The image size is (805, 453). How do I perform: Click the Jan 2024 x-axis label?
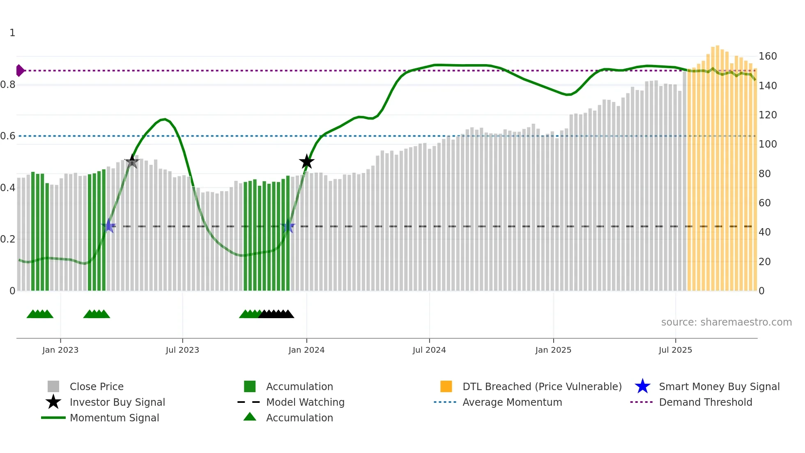pyautogui.click(x=306, y=350)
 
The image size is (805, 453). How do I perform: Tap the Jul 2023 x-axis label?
pyautogui.click(x=182, y=350)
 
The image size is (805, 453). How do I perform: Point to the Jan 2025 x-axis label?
pyautogui.click(x=553, y=350)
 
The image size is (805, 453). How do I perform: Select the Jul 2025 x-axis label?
pyautogui.click(x=675, y=350)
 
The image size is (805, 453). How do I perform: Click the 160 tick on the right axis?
pyautogui.click(x=768, y=56)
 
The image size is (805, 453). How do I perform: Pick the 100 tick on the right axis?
pyautogui.click(x=768, y=144)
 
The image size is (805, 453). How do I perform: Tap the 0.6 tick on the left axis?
pyautogui.click(x=8, y=136)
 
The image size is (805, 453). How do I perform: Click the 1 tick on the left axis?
pyautogui.click(x=12, y=33)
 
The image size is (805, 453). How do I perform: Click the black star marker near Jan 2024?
pyautogui.click(x=306, y=162)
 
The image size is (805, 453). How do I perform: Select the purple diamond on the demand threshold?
pyautogui.click(x=20, y=71)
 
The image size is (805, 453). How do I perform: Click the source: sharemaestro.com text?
pyautogui.click(x=726, y=322)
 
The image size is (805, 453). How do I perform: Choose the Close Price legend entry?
pyautogui.click(x=97, y=387)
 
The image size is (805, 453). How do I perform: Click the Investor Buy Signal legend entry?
pyautogui.click(x=117, y=402)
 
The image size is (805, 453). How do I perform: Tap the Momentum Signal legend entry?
pyautogui.click(x=114, y=418)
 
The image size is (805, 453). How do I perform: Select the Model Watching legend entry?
pyautogui.click(x=305, y=402)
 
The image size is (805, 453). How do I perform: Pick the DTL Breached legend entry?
pyautogui.click(x=542, y=387)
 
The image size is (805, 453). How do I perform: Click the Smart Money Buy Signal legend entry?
pyautogui.click(x=719, y=387)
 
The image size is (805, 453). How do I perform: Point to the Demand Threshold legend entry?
pyautogui.click(x=705, y=402)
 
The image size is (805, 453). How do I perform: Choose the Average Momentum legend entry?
pyautogui.click(x=512, y=402)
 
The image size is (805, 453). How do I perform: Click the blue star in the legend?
pyautogui.click(x=642, y=387)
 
